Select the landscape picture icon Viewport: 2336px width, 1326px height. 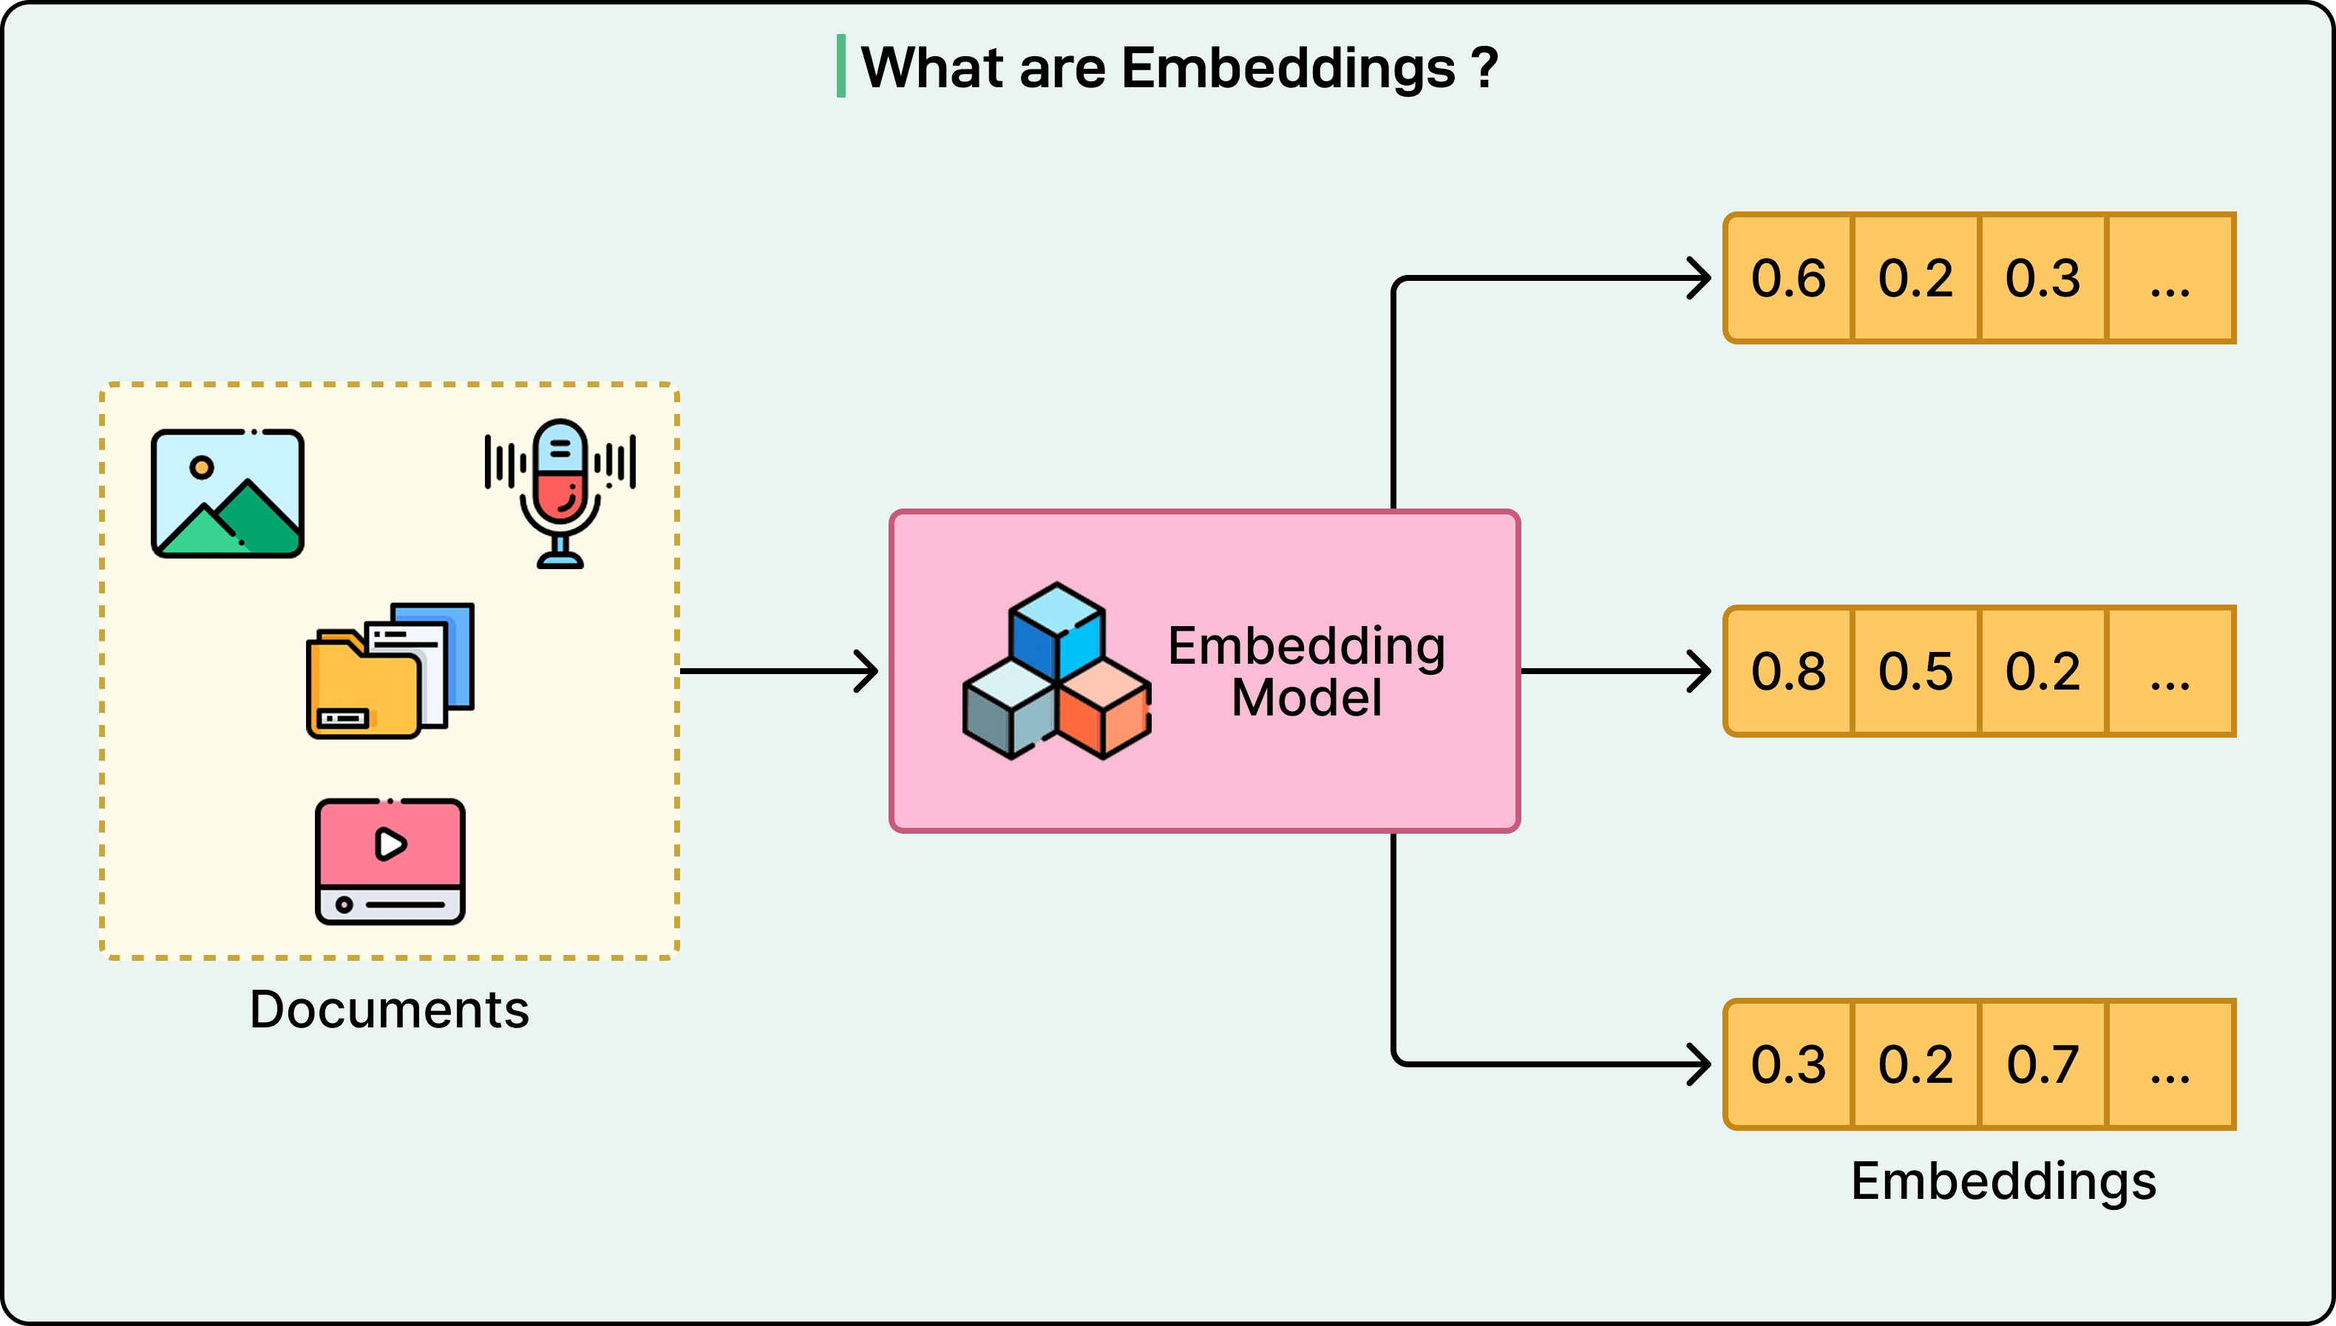tap(228, 493)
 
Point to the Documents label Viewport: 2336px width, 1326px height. tap(389, 1009)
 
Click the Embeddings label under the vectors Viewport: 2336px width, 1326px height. tap(2003, 1181)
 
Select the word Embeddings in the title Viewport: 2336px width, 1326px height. tap(1288, 68)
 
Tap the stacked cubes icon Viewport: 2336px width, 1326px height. tap(1056, 671)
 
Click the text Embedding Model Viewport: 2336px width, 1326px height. tap(1306, 671)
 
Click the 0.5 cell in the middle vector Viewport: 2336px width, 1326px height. tap(1915, 671)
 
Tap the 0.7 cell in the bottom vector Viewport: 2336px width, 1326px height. tap(2043, 1064)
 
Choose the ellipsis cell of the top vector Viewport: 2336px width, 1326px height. tap(2170, 278)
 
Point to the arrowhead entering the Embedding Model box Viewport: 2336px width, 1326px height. tap(868, 671)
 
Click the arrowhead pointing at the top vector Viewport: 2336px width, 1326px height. tap(1700, 278)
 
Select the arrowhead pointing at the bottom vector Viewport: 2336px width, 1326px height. tap(1700, 1064)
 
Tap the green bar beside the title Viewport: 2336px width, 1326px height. tap(841, 67)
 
